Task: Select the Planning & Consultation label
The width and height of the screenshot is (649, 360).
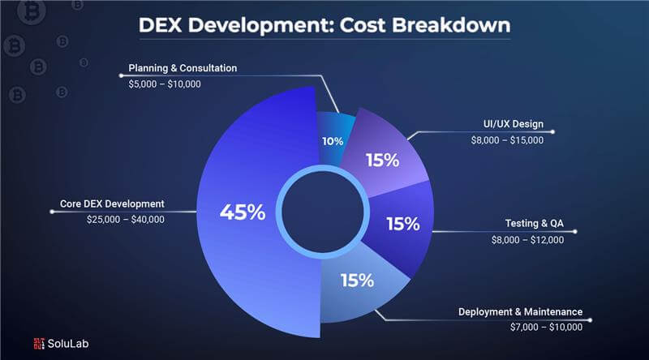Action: pos(183,68)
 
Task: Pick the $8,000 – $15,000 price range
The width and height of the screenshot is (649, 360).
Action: pos(507,140)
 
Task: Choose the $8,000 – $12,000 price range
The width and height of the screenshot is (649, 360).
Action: pos(527,240)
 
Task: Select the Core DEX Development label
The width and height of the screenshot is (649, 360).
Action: pos(113,204)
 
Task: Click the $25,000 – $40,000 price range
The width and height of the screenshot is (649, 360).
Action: pos(126,219)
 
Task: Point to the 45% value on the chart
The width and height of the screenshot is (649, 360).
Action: pos(243,212)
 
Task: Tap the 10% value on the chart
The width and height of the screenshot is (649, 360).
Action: pos(333,140)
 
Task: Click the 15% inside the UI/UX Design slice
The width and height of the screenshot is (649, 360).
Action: pos(381,160)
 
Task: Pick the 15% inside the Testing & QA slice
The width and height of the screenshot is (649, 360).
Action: pos(402,223)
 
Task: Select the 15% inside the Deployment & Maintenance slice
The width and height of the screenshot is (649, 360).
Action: pos(356,281)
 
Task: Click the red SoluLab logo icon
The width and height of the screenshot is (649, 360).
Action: pos(39,343)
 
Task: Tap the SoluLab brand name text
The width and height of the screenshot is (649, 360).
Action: pos(69,343)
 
